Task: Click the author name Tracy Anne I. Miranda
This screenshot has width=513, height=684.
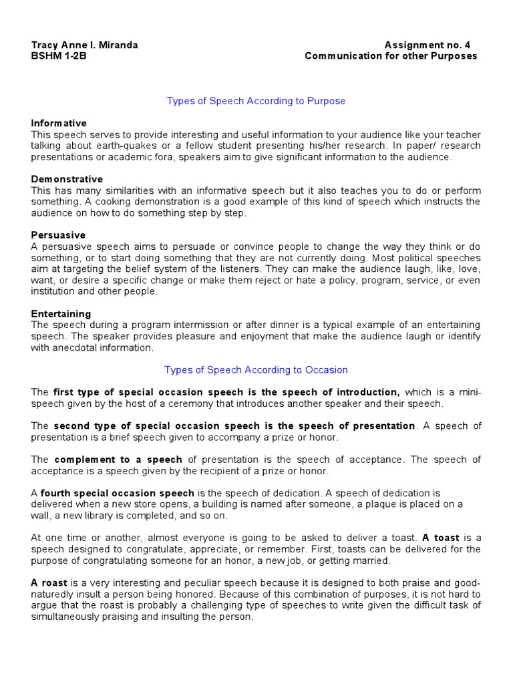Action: (x=85, y=45)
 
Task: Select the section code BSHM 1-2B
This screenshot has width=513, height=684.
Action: (x=59, y=56)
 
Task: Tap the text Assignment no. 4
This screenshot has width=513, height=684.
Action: (x=427, y=45)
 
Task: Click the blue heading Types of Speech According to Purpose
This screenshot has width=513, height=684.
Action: (x=256, y=101)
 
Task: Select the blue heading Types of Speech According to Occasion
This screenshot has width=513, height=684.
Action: (x=256, y=369)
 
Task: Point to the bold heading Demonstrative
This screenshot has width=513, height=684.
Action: (x=67, y=179)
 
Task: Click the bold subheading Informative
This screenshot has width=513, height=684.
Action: (x=59, y=123)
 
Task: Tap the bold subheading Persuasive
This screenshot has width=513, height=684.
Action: (x=58, y=235)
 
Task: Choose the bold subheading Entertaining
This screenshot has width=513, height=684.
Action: (x=61, y=314)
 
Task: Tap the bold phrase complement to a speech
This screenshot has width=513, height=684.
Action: (x=118, y=460)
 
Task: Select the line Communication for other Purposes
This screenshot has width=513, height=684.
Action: (x=391, y=56)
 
